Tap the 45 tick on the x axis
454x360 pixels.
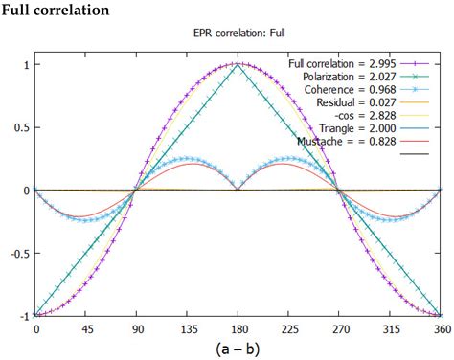click(87, 328)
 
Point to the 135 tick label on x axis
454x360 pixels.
click(188, 328)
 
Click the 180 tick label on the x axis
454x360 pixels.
click(238, 328)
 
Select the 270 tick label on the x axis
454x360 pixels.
click(338, 328)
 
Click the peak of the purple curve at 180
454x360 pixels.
click(238, 64)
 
